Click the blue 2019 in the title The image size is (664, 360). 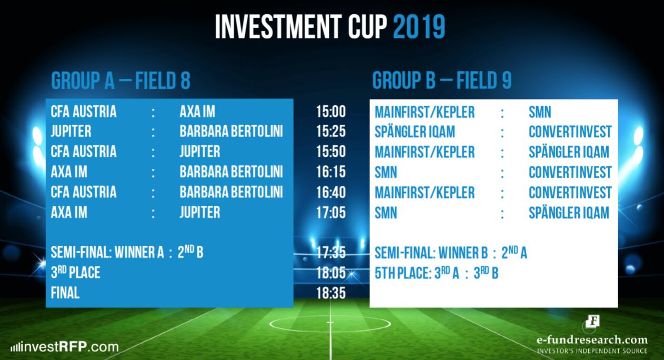pos(419,27)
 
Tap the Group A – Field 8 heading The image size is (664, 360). pos(120,81)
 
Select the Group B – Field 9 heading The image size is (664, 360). pos(441,81)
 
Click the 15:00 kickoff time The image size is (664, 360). pos(331,112)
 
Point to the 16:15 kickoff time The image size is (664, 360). pos(331,172)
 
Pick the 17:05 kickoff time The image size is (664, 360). pos(331,213)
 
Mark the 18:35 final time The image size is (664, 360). pos(331,293)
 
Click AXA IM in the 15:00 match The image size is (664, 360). pos(197,112)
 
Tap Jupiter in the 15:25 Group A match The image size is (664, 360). pos(71,132)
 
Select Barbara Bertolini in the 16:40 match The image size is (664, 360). pos(231,192)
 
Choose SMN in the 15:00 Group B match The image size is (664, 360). pos(540,112)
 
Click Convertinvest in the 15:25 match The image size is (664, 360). pos(570,132)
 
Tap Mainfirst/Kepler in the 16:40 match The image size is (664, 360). pos(425,193)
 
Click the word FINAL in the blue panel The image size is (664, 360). pos(65,293)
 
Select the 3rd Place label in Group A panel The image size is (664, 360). pos(75,273)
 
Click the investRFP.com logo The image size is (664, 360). pos(65,347)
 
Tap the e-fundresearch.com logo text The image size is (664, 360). pos(592,340)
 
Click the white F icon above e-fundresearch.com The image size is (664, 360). pos(593,322)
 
